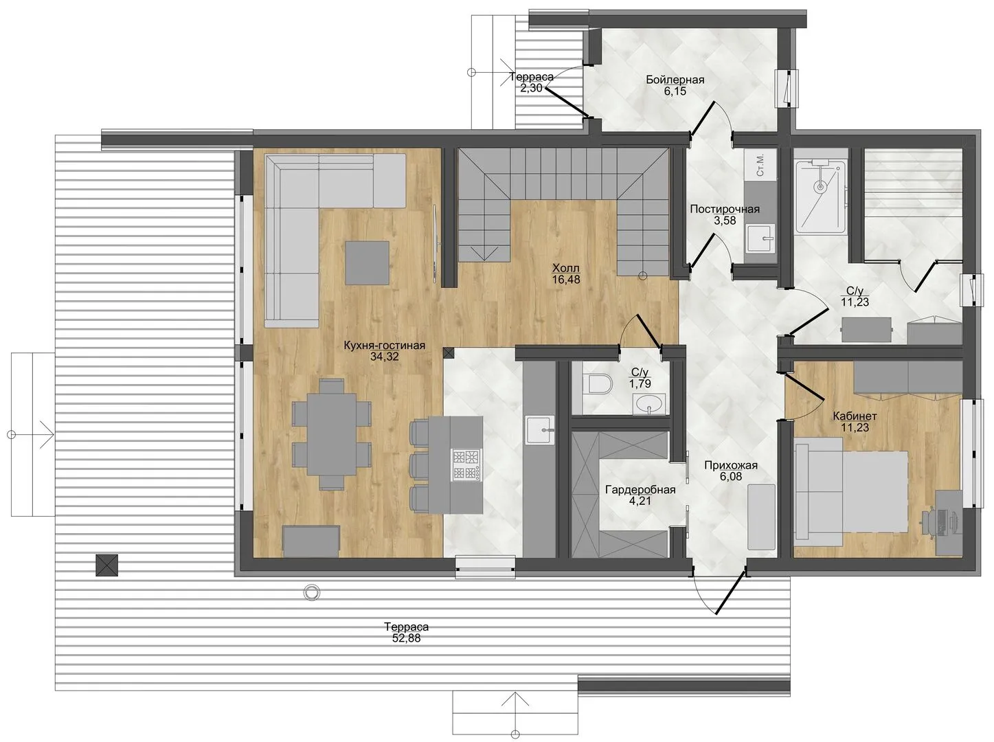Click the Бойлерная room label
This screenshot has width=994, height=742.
pos(675,80)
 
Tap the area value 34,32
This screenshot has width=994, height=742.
pos(385,357)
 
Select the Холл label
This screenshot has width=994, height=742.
pos(565,269)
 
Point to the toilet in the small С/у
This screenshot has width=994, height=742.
pos(598,384)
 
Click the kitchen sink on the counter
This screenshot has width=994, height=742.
pos(540,430)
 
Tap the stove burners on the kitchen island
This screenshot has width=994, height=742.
pos(466,465)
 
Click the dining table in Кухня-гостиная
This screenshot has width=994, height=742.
pos(331,434)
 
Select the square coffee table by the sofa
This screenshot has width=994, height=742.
pos(367,262)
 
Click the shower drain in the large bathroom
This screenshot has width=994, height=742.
pos(820,185)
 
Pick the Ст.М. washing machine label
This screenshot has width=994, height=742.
pos(760,164)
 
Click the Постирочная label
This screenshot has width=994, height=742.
pos(725,209)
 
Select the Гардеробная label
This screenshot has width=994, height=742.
pos(640,490)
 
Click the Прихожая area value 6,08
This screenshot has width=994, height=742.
pos(731,476)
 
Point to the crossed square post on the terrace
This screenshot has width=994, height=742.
pos(107,565)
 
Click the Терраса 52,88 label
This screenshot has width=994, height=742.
pos(406,633)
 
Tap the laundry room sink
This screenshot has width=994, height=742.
pos(760,239)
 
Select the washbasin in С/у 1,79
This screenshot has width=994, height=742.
pos(649,403)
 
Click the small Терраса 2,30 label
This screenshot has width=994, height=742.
pos(532,82)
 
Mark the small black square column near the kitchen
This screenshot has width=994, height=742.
pos(449,352)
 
